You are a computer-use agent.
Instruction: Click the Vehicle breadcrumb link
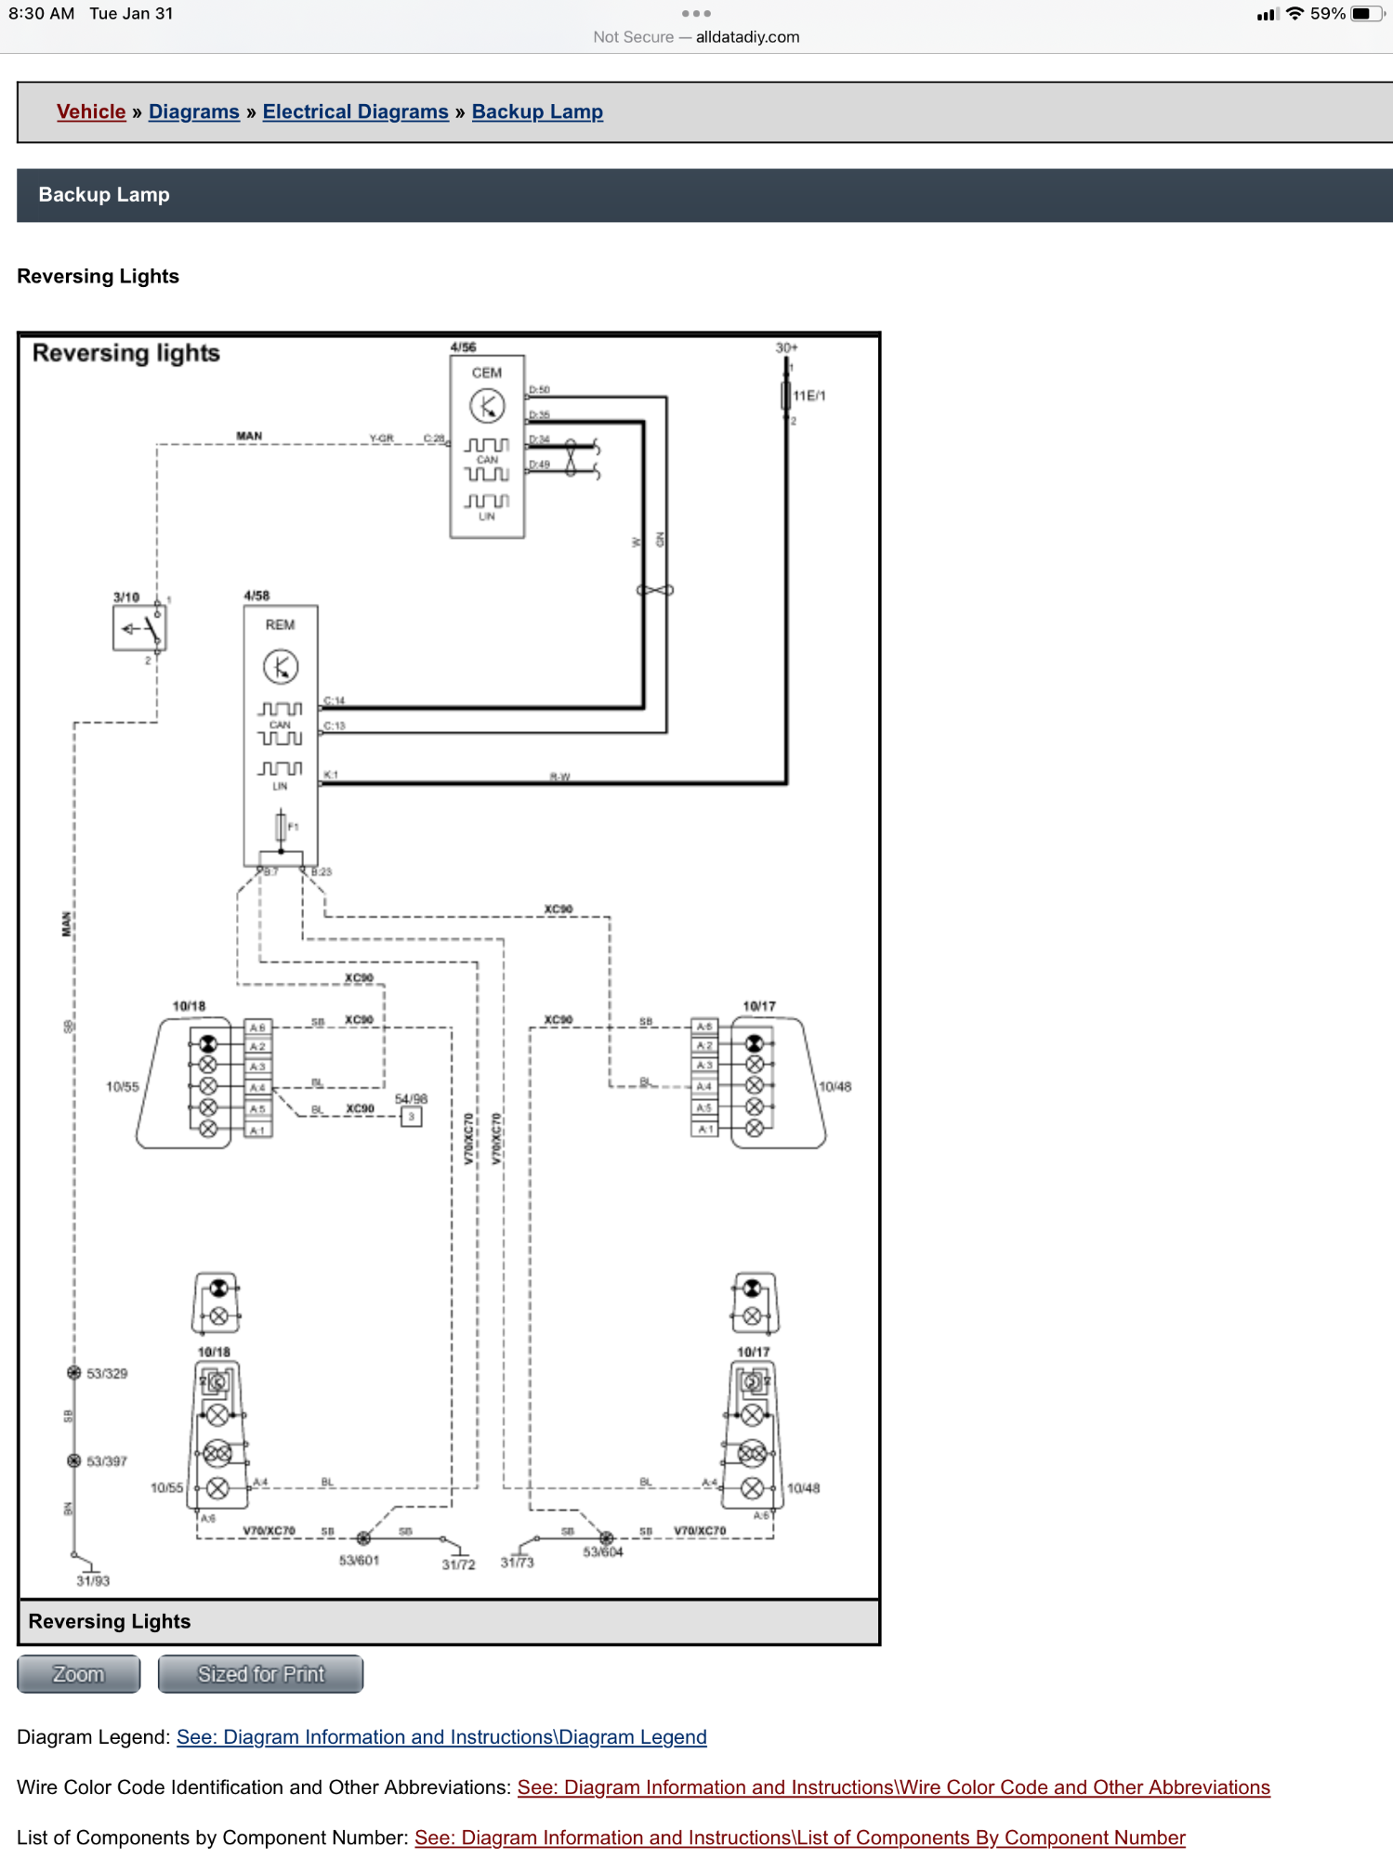click(x=91, y=112)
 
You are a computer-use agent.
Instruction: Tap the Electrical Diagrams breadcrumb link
click(x=355, y=112)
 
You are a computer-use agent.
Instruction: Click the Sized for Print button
click(x=260, y=1674)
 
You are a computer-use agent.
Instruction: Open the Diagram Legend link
click(x=441, y=1737)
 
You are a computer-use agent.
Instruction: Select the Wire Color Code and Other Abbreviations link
click(x=893, y=1787)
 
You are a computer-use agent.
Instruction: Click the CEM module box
click(x=487, y=447)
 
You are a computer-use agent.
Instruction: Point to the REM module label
click(x=280, y=625)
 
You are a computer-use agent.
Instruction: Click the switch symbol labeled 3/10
click(x=139, y=629)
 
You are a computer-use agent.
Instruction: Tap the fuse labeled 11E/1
click(x=786, y=396)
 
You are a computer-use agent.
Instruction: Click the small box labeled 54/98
click(x=411, y=1117)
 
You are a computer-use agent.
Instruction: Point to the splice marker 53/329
click(x=74, y=1373)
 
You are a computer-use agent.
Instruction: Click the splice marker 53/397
click(x=74, y=1461)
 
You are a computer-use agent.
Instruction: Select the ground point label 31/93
click(x=93, y=1581)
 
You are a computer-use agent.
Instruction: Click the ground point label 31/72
click(x=458, y=1564)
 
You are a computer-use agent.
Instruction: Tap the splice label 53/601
click(x=359, y=1561)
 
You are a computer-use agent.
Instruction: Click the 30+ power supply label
click(x=786, y=347)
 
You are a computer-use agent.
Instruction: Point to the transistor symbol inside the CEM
click(x=487, y=406)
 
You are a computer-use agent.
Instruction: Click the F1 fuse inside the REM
click(x=281, y=826)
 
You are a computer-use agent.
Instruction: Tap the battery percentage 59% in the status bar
click(x=1327, y=14)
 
